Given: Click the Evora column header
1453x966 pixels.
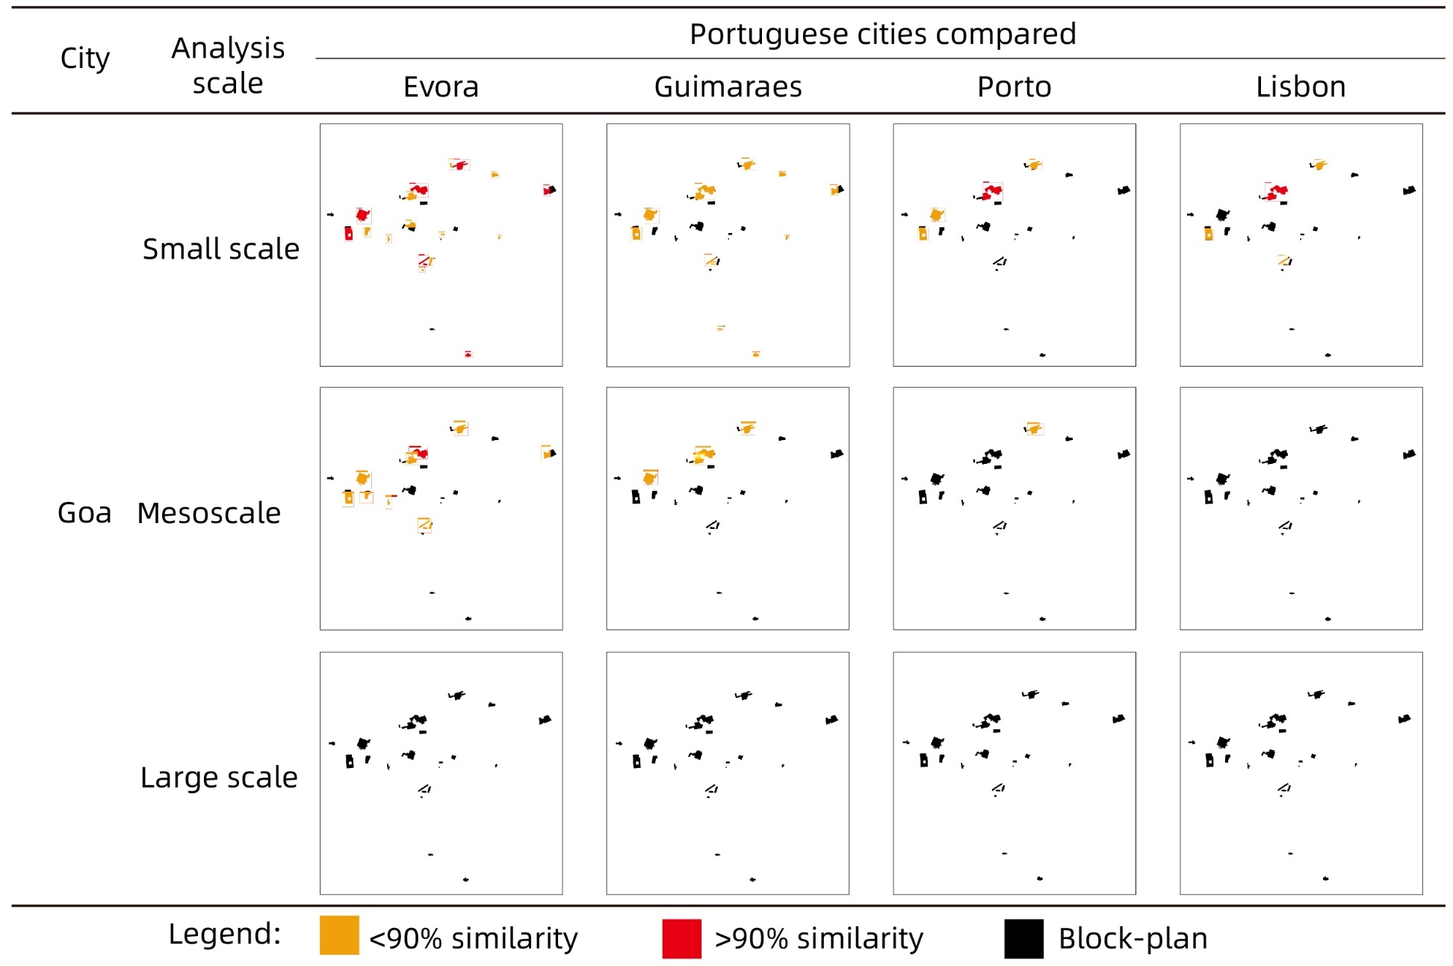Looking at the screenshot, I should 441,87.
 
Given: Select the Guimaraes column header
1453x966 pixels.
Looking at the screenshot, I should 728,87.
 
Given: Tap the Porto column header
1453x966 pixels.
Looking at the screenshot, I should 1014,87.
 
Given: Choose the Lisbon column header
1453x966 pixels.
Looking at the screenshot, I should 1300,87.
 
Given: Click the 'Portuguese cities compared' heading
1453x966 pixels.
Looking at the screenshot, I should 882,34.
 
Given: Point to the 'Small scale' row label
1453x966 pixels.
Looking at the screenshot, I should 220,249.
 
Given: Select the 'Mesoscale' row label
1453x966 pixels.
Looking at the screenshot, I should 208,513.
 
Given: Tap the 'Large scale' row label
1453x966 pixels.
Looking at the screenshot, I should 219,778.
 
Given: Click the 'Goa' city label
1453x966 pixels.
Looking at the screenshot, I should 84,513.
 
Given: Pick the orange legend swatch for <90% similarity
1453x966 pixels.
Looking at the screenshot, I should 339,936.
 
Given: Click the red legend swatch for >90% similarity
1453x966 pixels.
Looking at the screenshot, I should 681,938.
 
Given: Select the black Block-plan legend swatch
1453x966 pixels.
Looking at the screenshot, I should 1023,938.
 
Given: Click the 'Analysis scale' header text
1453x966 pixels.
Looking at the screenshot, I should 228,66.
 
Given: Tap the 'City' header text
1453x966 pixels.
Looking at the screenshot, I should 84,58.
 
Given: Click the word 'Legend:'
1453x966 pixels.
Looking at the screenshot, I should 224,934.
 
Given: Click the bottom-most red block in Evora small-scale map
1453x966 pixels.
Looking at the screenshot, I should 468,354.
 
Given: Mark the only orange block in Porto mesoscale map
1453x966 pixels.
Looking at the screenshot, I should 1034,428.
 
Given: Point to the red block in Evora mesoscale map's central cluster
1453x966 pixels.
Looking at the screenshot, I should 421,453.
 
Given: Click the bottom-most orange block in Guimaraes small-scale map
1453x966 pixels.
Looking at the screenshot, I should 756,354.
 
